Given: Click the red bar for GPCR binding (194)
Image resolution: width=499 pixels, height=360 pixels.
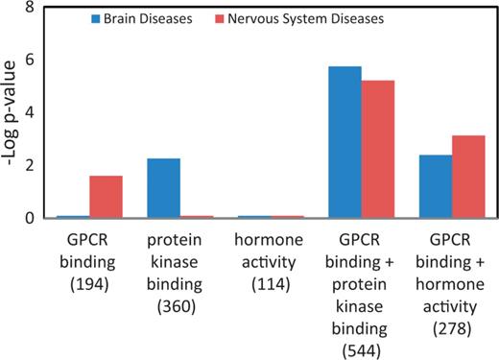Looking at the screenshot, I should tap(106, 197).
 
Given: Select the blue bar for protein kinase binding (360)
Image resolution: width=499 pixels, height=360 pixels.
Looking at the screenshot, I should tap(163, 188).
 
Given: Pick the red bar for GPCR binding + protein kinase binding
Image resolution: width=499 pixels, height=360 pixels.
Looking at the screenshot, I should tap(377, 149).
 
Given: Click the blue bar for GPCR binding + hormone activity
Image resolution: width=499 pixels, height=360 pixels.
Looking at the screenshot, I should tap(435, 186).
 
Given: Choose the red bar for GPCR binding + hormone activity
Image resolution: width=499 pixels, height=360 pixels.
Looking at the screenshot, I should tap(467, 177).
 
